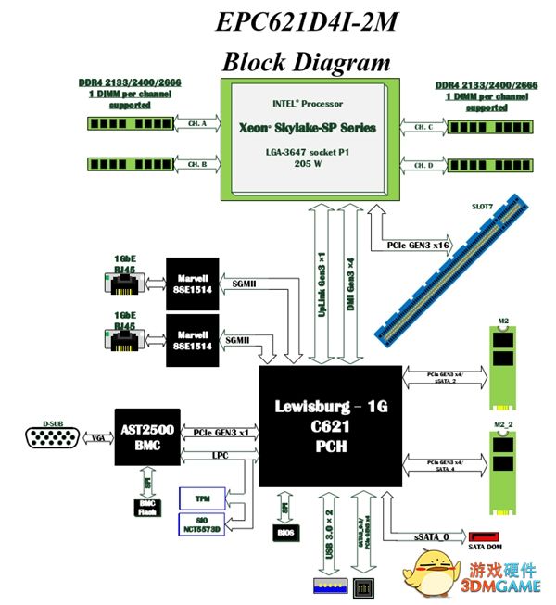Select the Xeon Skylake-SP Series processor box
(x=310, y=138)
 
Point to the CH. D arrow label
(x=424, y=165)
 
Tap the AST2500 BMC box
(x=146, y=436)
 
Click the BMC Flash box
(x=147, y=506)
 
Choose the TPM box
(x=201, y=498)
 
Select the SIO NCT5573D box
(x=201, y=524)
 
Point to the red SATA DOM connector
(x=485, y=536)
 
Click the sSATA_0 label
(x=432, y=537)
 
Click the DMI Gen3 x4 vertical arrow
(x=347, y=288)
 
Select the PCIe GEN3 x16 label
(x=410, y=247)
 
